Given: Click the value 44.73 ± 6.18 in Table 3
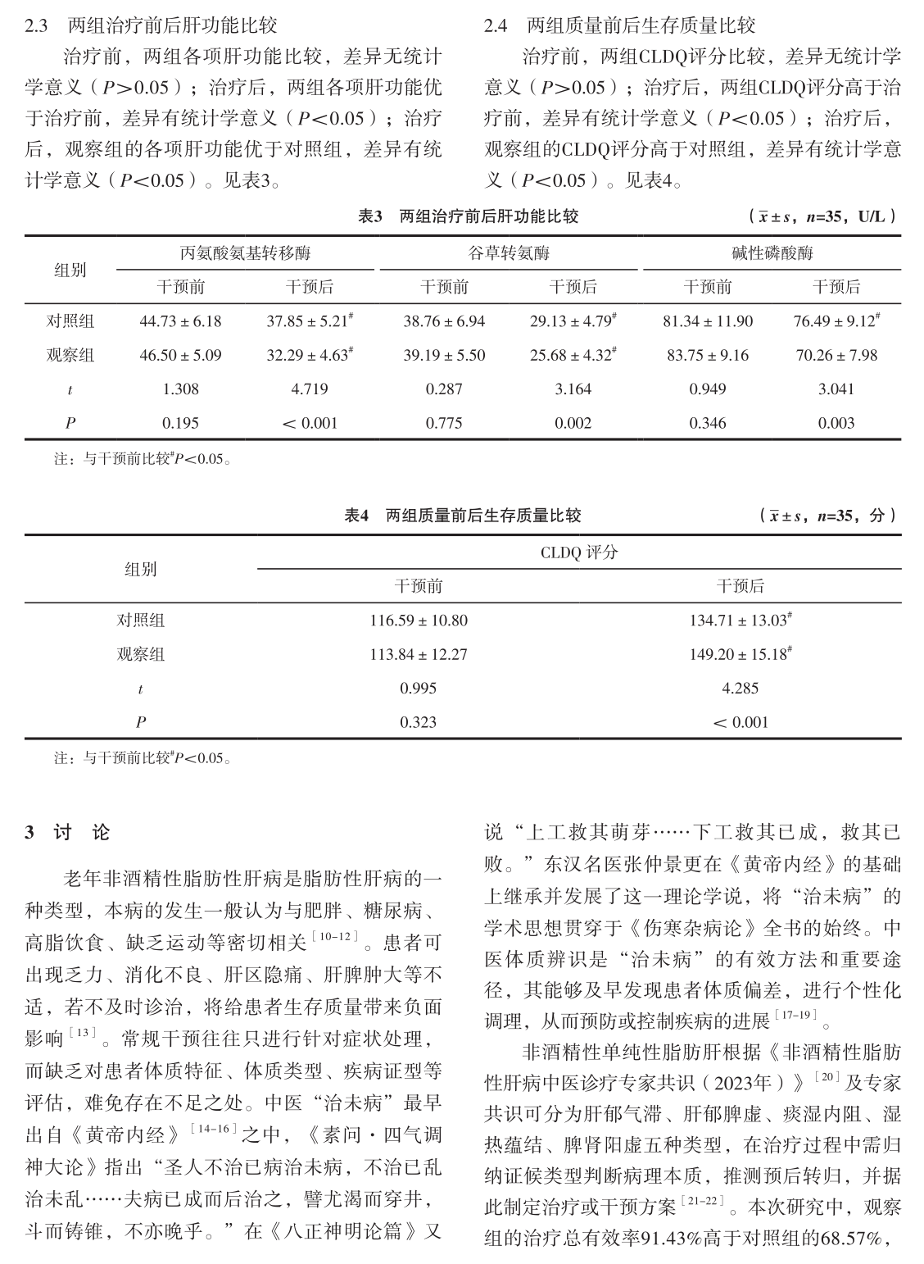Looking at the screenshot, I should (180, 321).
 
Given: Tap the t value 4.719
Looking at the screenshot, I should (310, 389).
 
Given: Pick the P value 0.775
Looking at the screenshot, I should (444, 424).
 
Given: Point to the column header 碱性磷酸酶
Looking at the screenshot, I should (772, 253).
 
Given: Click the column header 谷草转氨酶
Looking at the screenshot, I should (508, 253).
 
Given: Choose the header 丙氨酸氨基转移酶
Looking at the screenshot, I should (245, 253).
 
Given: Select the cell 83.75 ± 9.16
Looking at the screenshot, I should (708, 356).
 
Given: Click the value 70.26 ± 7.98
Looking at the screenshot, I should (836, 356).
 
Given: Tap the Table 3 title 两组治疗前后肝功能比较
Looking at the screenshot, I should (488, 216).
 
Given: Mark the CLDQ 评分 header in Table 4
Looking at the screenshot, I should (578, 552).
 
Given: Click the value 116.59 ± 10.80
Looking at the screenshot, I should (419, 621).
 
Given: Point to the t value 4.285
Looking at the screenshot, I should (741, 689).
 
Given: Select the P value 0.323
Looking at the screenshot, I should (419, 723).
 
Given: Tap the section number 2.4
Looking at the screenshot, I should (495, 26).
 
